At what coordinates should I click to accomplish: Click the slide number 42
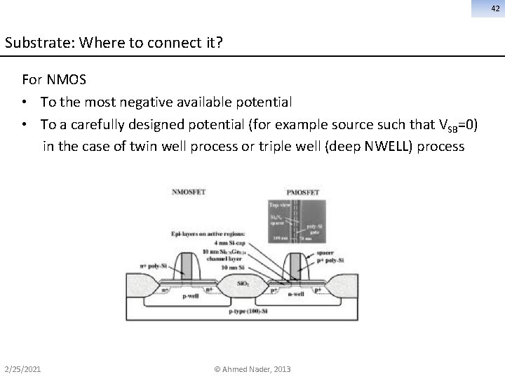(494, 7)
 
